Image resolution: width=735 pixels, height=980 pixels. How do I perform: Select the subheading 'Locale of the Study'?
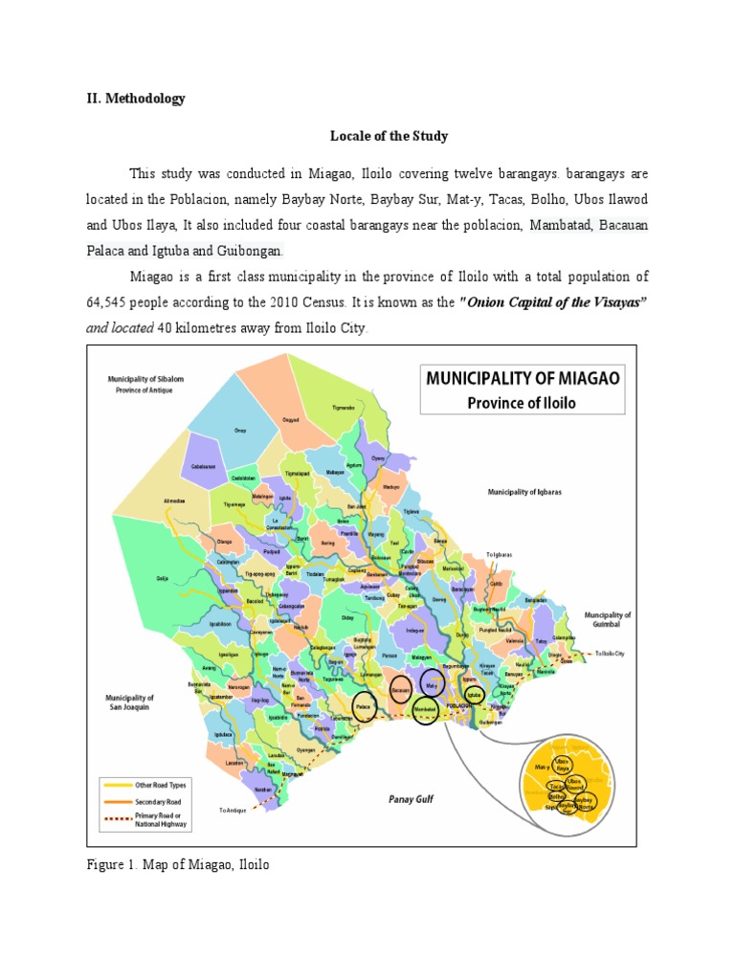[390, 136]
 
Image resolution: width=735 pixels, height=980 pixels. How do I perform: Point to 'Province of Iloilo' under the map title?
[523, 402]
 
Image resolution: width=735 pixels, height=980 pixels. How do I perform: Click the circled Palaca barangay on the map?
[364, 706]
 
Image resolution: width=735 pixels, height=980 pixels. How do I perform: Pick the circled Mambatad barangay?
[427, 709]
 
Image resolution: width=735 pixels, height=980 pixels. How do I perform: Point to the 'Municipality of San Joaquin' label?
[130, 702]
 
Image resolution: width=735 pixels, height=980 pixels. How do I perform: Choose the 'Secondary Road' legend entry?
[159, 802]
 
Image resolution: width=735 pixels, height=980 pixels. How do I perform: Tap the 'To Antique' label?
[233, 810]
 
